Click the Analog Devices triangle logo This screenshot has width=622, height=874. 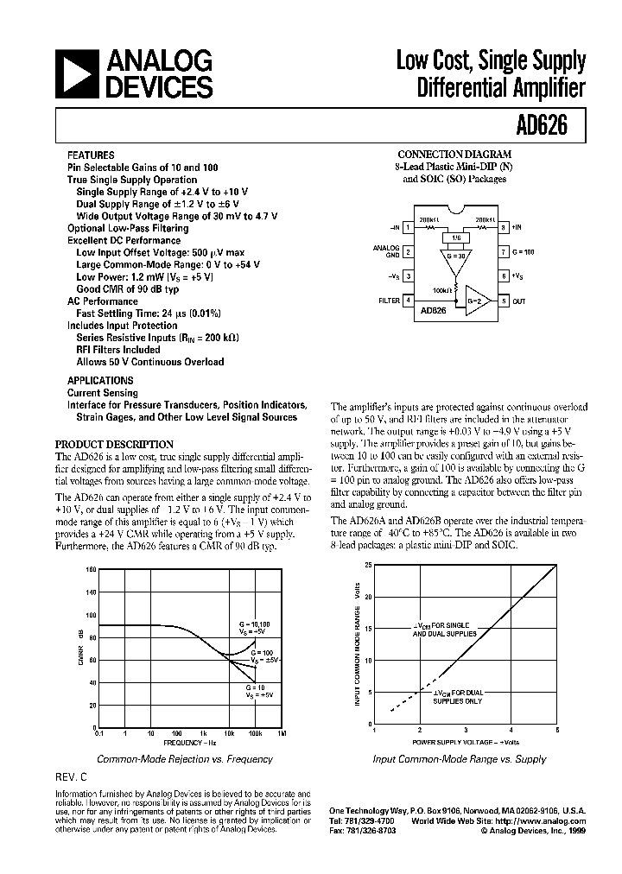75,74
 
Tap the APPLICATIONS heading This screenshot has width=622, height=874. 100,380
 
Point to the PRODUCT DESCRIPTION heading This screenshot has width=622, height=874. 114,444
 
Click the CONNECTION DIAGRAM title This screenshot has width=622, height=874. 454,154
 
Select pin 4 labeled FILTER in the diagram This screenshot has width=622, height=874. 407,300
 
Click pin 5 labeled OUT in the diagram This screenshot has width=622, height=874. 503,300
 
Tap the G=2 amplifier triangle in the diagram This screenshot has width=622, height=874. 473,298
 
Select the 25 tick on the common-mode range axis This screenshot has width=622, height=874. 368,565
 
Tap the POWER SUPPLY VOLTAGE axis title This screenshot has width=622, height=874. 465,742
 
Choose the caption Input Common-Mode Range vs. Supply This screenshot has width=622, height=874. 459,759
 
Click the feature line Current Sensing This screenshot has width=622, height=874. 103,393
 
